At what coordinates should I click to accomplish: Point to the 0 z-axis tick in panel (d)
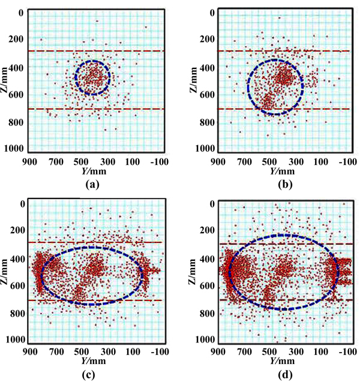click(x=210, y=204)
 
